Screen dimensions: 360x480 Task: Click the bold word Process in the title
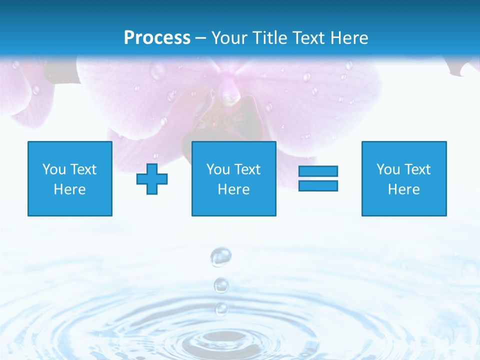157,38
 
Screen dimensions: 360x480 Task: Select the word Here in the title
348,38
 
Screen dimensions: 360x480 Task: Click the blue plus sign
152,179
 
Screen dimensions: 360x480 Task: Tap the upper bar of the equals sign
318,171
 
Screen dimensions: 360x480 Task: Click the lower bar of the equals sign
318,186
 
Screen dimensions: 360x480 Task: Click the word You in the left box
54,169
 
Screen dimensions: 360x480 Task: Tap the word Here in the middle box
234,189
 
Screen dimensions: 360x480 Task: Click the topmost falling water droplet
220,257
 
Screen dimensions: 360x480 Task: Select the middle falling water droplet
221,285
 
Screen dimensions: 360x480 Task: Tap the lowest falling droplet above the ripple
221,309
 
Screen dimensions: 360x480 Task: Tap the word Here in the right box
404,189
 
